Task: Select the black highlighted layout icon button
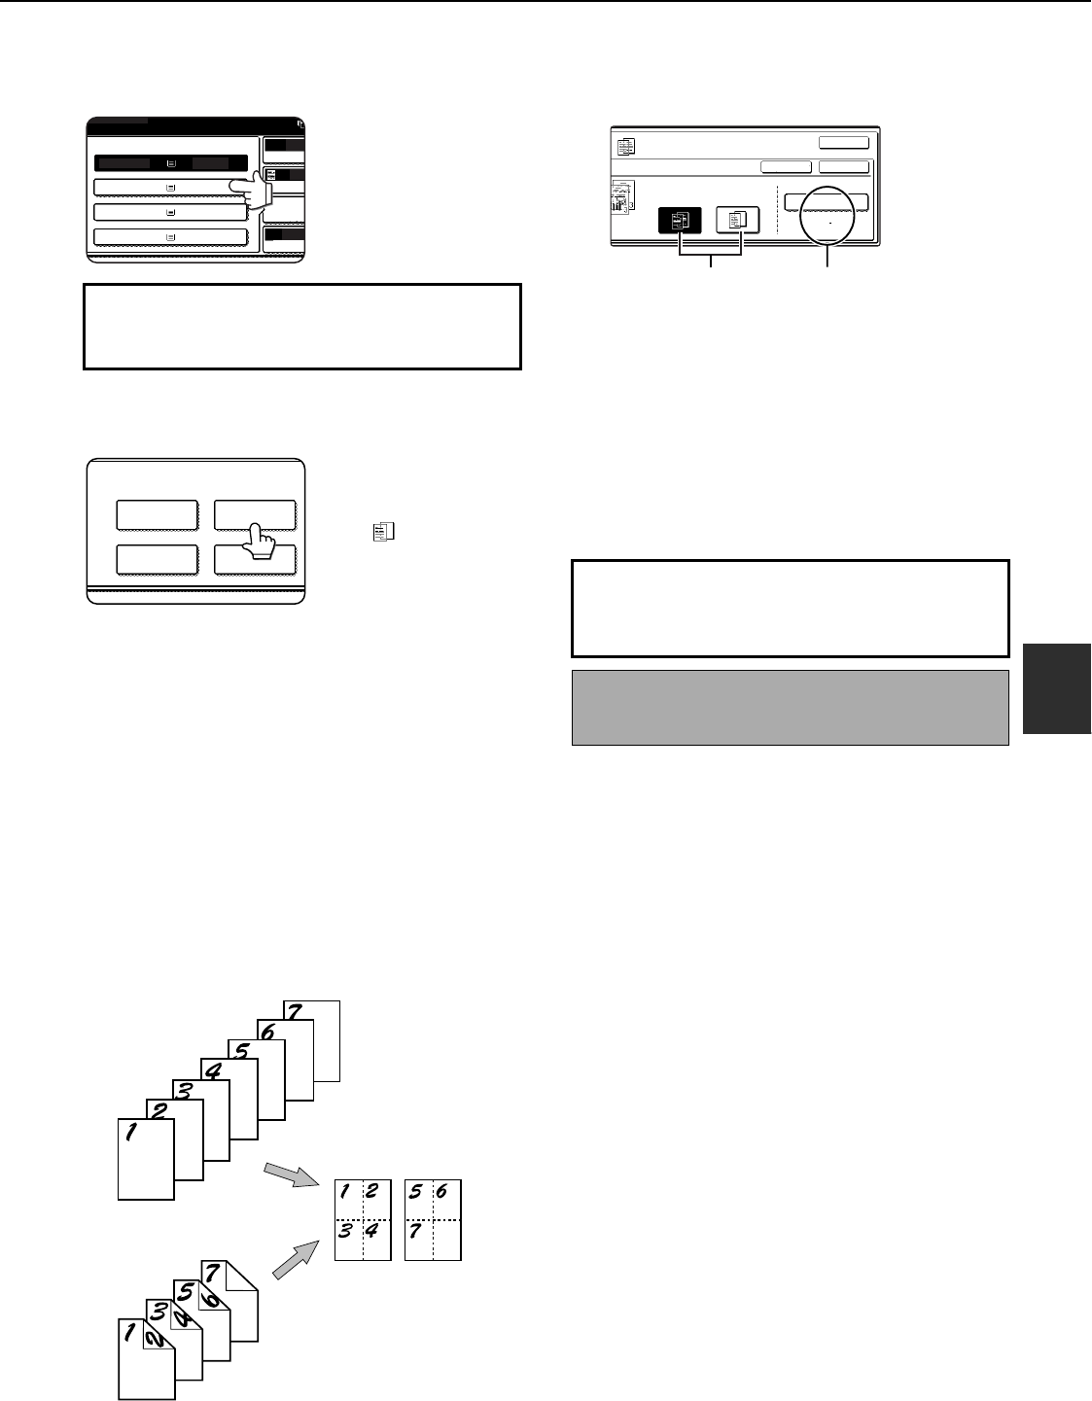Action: point(680,220)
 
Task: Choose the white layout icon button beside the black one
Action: point(737,220)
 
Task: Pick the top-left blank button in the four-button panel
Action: point(157,514)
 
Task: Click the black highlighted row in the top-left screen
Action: point(171,163)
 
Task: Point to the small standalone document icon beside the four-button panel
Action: point(383,531)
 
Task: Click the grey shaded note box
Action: point(790,707)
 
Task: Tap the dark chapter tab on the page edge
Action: point(1057,688)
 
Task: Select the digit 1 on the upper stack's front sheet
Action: point(131,1132)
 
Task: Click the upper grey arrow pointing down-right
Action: point(292,1174)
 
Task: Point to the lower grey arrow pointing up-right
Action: point(296,1259)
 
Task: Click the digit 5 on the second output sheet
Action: point(415,1191)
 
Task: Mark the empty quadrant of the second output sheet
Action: point(446,1240)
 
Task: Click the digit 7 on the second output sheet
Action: point(415,1231)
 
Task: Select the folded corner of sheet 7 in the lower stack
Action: point(242,1276)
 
